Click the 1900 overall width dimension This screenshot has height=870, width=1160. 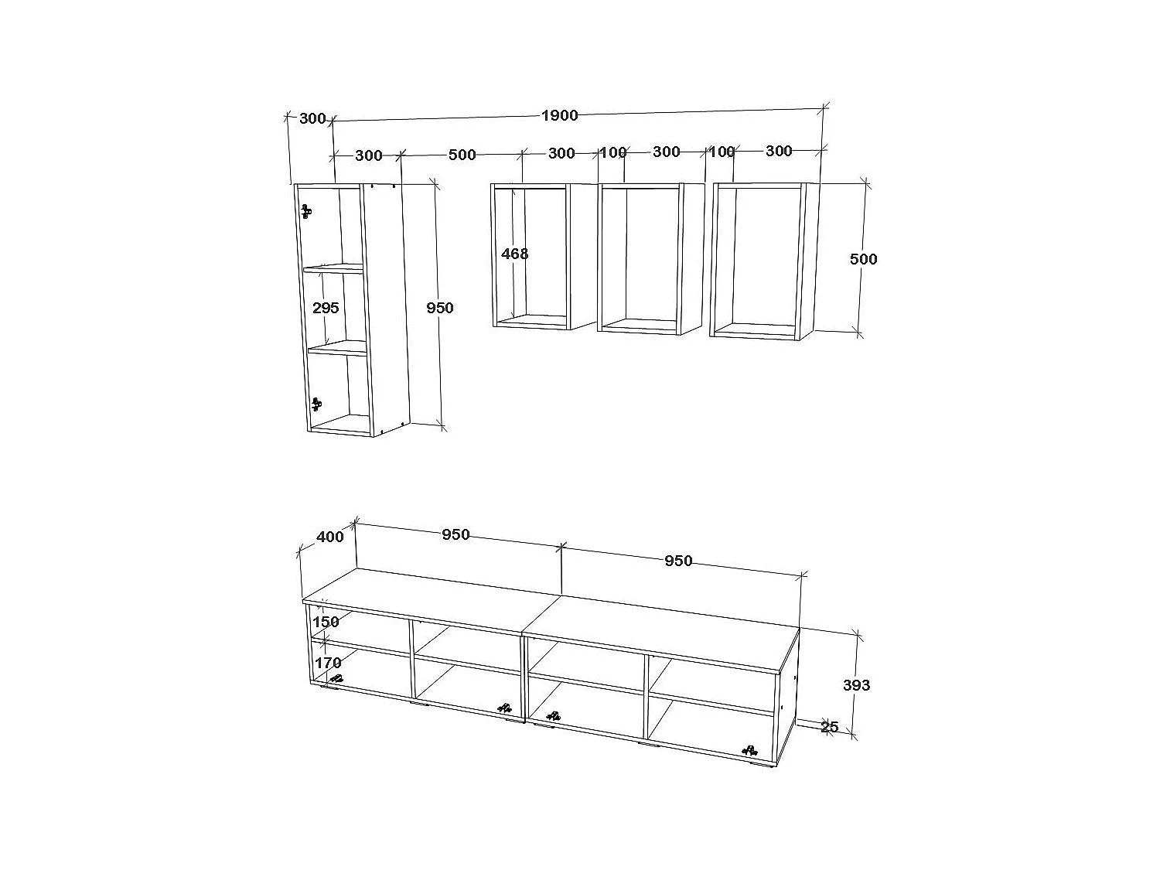pyautogui.click(x=559, y=115)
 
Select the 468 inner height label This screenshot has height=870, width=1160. pyautogui.click(x=514, y=253)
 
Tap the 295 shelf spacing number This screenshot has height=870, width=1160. pyautogui.click(x=326, y=308)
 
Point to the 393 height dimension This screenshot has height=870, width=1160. pyautogui.click(x=856, y=685)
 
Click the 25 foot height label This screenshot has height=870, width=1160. pyautogui.click(x=829, y=727)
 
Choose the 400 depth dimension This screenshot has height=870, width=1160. pyautogui.click(x=330, y=537)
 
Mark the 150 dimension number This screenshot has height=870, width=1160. pyautogui.click(x=326, y=622)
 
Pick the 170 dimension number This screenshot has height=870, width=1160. pyautogui.click(x=328, y=663)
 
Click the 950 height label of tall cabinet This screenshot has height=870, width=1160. pyautogui.click(x=440, y=308)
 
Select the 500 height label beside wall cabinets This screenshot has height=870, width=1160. pyautogui.click(x=863, y=259)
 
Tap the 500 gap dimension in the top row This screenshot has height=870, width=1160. pyautogui.click(x=462, y=155)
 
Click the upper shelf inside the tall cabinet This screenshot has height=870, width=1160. pyautogui.click(x=333, y=269)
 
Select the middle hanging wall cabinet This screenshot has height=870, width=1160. pyautogui.click(x=650, y=258)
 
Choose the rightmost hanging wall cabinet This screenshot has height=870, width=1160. pyautogui.click(x=762, y=260)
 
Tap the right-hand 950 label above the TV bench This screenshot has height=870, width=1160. pyautogui.click(x=678, y=561)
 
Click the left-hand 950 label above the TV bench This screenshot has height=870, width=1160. pyautogui.click(x=455, y=534)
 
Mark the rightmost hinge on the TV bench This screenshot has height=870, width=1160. pyautogui.click(x=749, y=749)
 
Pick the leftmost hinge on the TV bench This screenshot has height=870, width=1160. pyautogui.click(x=336, y=678)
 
